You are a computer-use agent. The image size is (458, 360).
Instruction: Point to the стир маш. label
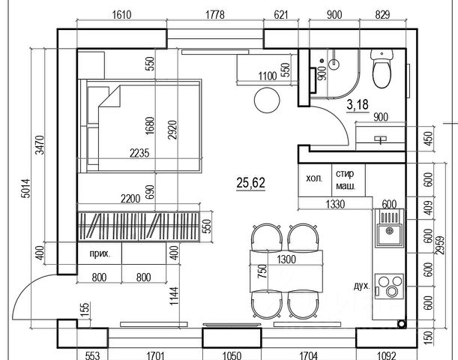pos(346,180)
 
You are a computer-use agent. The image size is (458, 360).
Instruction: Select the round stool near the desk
pos(266,99)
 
